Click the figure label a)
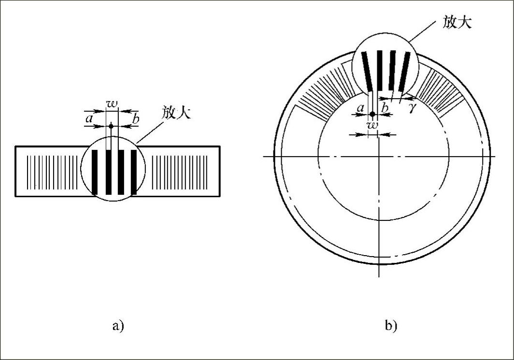[x=118, y=326]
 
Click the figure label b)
[x=391, y=326]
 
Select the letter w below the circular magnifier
[x=372, y=125]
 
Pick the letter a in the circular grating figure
[x=360, y=109]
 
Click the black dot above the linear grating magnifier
[x=111, y=126]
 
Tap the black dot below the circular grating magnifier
[x=372, y=115]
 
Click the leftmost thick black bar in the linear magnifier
[x=95, y=172]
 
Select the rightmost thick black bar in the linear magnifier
[x=133, y=172]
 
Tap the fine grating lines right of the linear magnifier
[x=180, y=172]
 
